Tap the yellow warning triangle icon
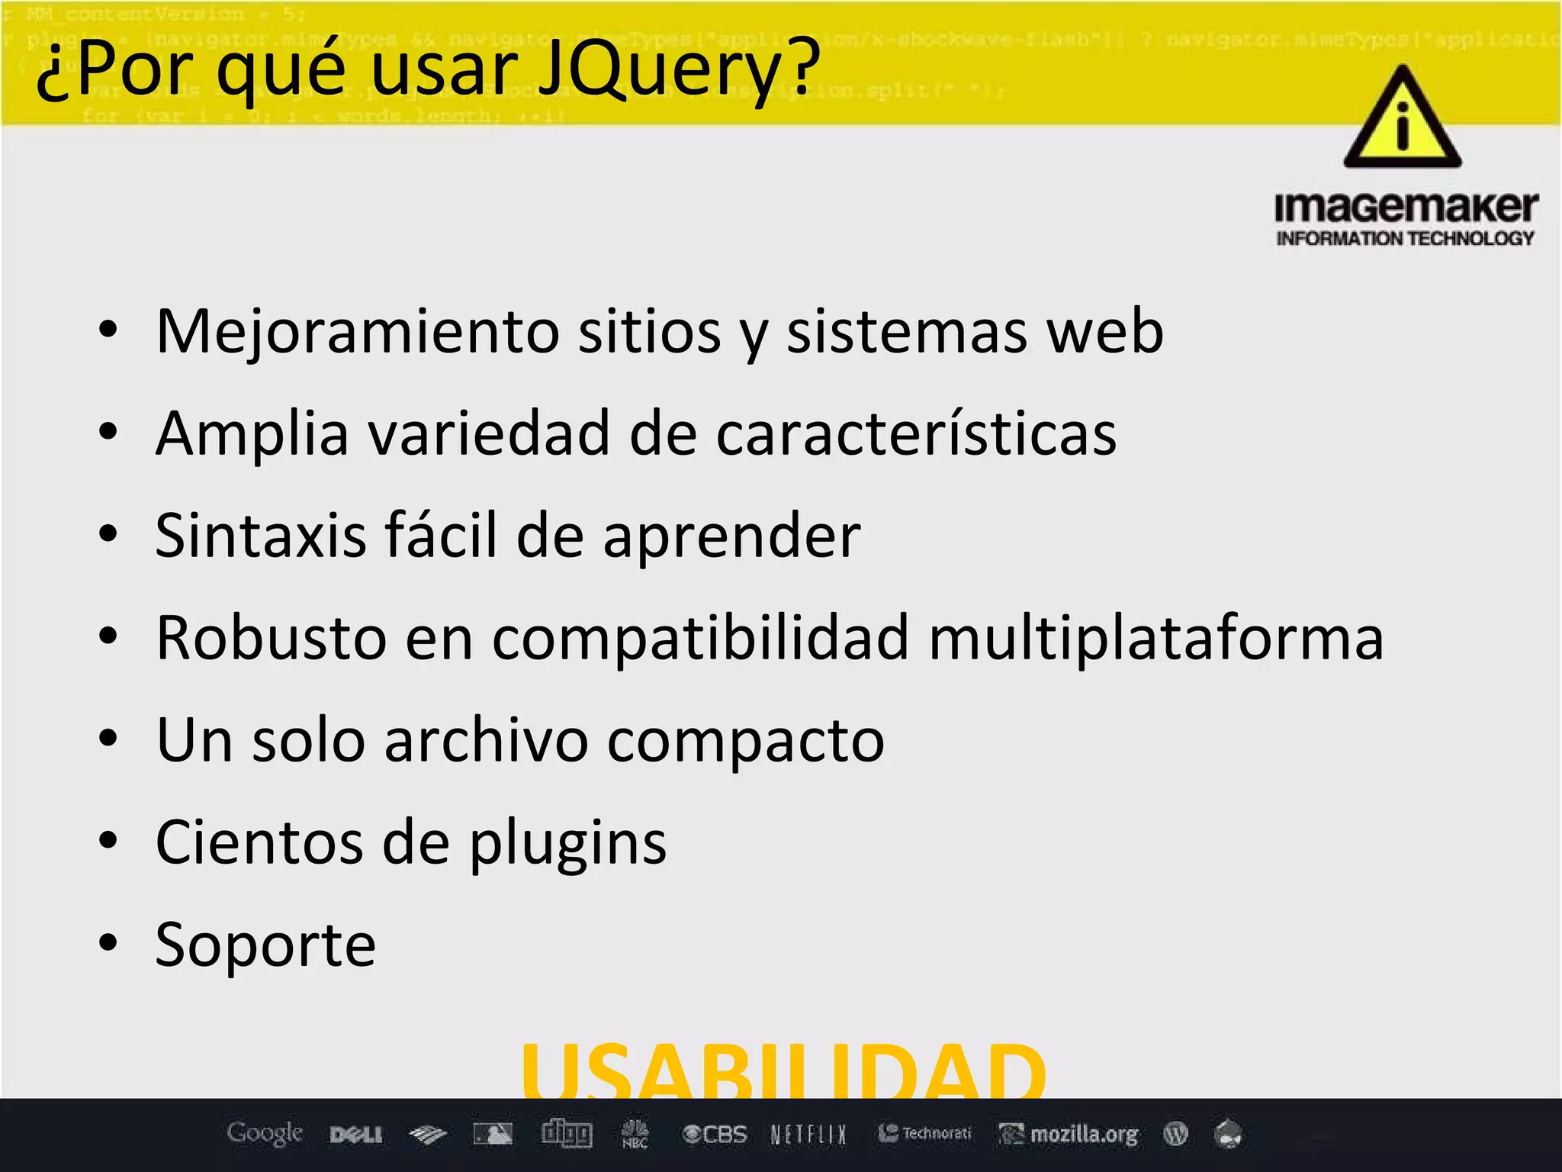click(1402, 119)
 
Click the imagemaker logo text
click(1406, 208)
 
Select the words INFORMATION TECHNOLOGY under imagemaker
click(1405, 239)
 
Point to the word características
click(916, 434)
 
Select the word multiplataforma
click(1155, 638)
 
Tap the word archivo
click(486, 740)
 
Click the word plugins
click(567, 844)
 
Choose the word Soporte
click(265, 945)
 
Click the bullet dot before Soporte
click(108, 943)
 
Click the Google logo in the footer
click(265, 1134)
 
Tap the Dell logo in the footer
click(356, 1135)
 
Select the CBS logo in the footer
click(715, 1135)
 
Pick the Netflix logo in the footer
click(808, 1135)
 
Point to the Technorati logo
click(925, 1134)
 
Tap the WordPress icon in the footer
click(1175, 1135)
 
